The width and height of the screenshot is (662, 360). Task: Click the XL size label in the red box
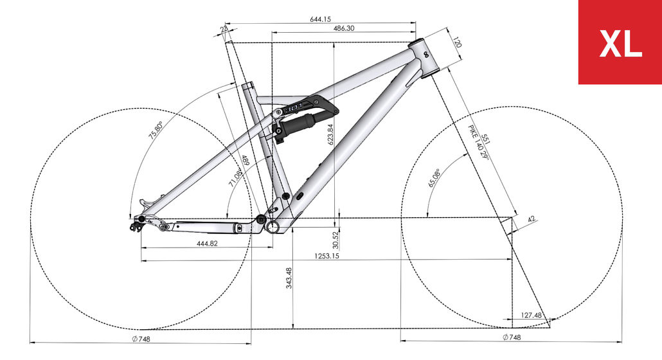pos(620,44)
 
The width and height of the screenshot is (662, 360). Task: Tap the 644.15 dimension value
pos(321,19)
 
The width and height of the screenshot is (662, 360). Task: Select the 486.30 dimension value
pos(344,28)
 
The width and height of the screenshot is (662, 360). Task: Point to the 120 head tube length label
pos(457,42)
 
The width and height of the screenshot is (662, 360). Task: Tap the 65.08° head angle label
pos(434,177)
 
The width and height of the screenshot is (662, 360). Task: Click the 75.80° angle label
pos(155,130)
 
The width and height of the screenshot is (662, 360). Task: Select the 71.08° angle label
pos(235,177)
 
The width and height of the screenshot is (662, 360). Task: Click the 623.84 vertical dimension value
pos(330,134)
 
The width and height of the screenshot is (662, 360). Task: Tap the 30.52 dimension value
pos(335,240)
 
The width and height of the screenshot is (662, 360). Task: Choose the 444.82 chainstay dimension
pos(208,244)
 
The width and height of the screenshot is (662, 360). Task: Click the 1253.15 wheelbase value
pos(327,256)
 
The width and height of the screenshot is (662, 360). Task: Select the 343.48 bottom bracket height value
pos(289,278)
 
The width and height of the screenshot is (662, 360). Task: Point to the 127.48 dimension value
pos(531,315)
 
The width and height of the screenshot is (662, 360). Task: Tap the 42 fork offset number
pos(532,219)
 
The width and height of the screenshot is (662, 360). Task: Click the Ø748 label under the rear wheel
pos(141,339)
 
